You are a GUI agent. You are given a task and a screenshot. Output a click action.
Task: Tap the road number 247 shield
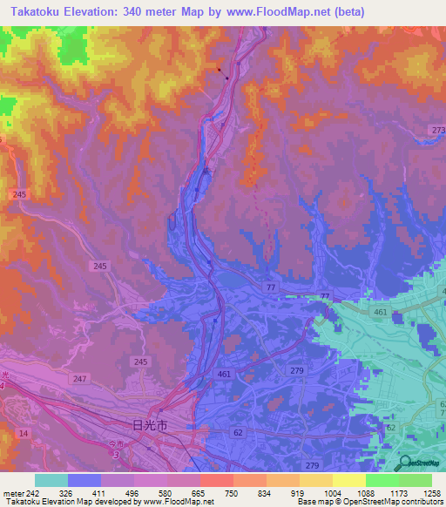pos(81,379)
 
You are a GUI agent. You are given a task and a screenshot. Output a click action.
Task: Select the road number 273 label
pos(437,130)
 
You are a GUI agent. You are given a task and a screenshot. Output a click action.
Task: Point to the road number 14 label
pos(22,433)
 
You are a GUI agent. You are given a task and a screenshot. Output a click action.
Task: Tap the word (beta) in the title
pos(346,12)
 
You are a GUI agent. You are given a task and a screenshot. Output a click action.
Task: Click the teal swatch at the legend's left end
pos(51,480)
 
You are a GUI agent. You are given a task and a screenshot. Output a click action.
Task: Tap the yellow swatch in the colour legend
pos(348,480)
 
